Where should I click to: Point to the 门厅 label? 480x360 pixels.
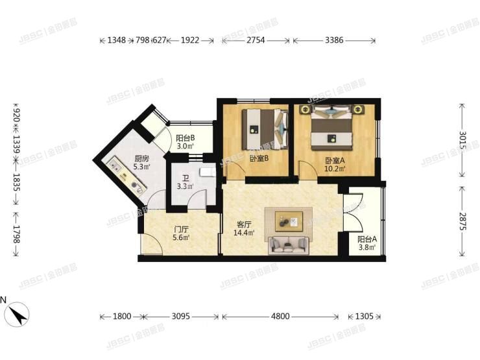[x=181, y=229]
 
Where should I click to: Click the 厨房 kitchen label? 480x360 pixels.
[x=142, y=158]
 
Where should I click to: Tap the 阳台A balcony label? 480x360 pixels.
[x=367, y=239]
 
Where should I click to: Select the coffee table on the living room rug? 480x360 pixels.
[x=288, y=222]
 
